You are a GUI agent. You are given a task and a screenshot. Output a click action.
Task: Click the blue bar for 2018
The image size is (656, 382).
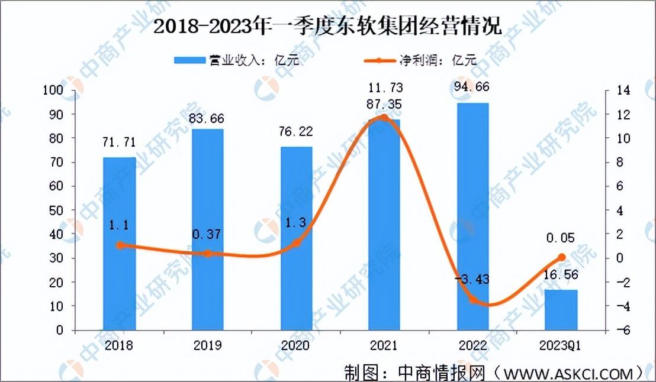(x=119, y=244)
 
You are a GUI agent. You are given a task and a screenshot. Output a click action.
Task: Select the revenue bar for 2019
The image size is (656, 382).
(x=207, y=229)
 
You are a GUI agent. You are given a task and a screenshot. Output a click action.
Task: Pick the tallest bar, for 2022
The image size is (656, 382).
(x=472, y=216)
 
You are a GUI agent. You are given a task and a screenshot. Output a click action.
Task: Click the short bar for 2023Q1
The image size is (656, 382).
(x=561, y=310)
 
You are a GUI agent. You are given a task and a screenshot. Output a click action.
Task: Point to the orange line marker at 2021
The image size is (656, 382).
(x=384, y=118)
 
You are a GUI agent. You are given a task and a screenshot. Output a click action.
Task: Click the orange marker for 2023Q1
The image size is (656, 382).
(x=561, y=257)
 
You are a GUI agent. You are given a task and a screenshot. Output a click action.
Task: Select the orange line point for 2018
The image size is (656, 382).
(x=119, y=245)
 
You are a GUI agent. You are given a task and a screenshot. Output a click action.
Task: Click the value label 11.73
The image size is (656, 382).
(x=384, y=89)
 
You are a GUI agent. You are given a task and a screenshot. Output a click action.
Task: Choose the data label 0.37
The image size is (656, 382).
(x=207, y=234)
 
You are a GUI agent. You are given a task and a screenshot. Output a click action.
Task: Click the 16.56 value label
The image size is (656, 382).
(x=561, y=276)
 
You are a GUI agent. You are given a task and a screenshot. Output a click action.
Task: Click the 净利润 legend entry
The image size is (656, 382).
(x=420, y=60)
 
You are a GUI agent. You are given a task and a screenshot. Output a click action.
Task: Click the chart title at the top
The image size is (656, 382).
(x=327, y=27)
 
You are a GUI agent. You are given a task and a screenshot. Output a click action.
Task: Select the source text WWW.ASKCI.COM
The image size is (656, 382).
(x=570, y=373)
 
